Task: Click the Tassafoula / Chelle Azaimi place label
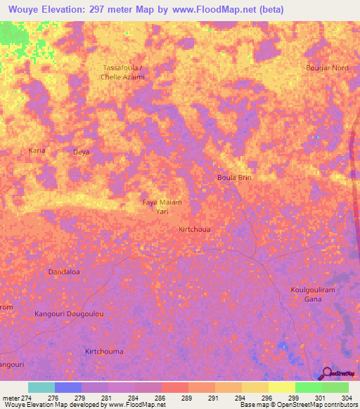(124, 72)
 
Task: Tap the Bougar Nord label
(326, 67)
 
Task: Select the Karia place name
(37, 150)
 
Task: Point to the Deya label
(82, 151)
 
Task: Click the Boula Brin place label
(234, 178)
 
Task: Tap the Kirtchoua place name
(195, 229)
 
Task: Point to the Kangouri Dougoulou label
(70, 313)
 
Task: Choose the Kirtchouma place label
(104, 351)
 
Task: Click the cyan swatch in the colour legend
(41, 387)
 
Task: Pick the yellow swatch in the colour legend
(281, 387)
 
